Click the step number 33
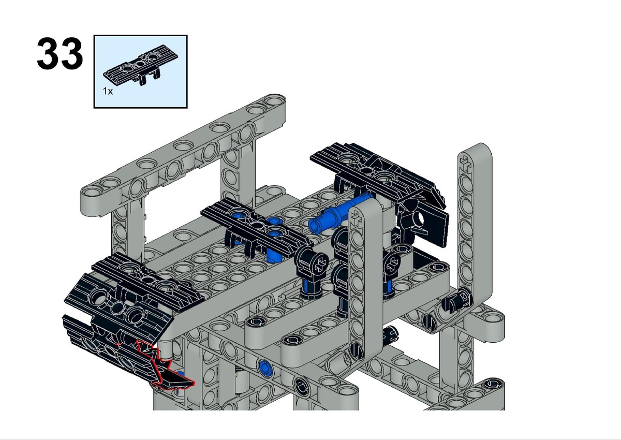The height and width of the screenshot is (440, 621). tap(60, 53)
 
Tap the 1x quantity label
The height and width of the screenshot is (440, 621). tap(108, 91)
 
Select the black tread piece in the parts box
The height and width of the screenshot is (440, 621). tap(141, 65)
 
